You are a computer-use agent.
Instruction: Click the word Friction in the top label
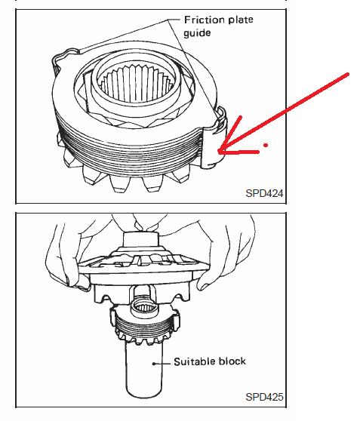[204, 20]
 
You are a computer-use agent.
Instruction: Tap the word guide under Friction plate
[197, 33]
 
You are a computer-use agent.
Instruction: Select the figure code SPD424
[264, 193]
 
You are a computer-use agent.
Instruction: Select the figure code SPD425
[264, 397]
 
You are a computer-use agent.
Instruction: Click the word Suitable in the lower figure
[193, 361]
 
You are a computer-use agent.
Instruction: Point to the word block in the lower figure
[232, 361]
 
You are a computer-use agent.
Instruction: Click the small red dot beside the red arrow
[266, 146]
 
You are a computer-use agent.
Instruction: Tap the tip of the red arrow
[219, 152]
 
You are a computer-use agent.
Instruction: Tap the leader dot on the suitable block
[154, 364]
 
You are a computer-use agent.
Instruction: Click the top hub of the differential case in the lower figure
[141, 239]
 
